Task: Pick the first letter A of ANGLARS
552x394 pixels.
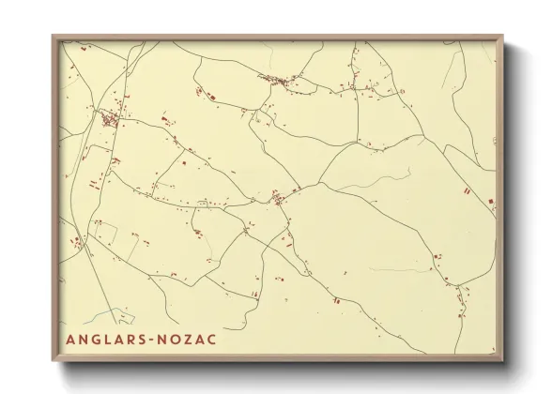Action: pos(69,339)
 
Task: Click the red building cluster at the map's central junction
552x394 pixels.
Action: pos(278,197)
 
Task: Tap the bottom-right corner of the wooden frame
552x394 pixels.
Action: pos(503,361)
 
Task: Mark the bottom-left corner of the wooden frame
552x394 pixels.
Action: pos(54,361)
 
